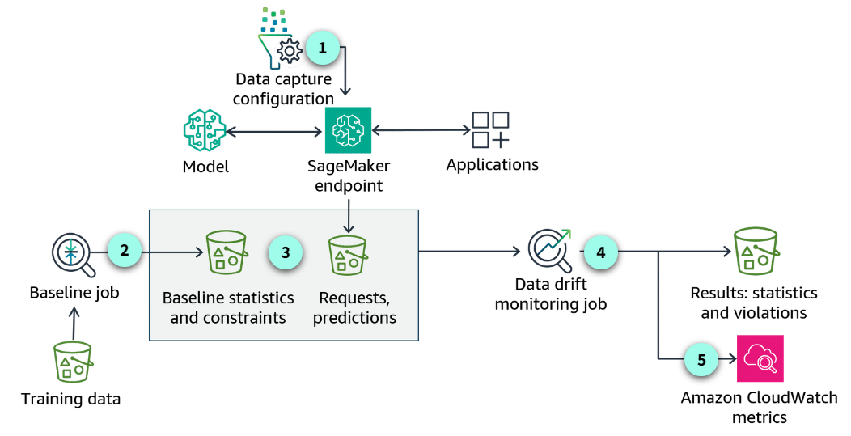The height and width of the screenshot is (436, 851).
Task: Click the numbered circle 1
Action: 323,48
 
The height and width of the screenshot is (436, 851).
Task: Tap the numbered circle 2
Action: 124,250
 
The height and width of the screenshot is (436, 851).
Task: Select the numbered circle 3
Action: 285,252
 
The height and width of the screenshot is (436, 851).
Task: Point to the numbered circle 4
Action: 600,252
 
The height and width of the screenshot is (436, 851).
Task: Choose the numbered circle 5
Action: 701,358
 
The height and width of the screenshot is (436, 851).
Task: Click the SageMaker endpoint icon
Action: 348,129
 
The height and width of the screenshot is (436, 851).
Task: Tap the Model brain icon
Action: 203,130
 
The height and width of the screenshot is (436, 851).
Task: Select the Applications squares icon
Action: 490,129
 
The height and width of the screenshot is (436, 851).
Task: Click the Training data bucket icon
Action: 72,362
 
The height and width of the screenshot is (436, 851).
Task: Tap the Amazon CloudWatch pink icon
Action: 760,358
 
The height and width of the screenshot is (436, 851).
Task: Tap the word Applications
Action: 492,165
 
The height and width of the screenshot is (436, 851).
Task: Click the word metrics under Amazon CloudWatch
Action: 759,417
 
